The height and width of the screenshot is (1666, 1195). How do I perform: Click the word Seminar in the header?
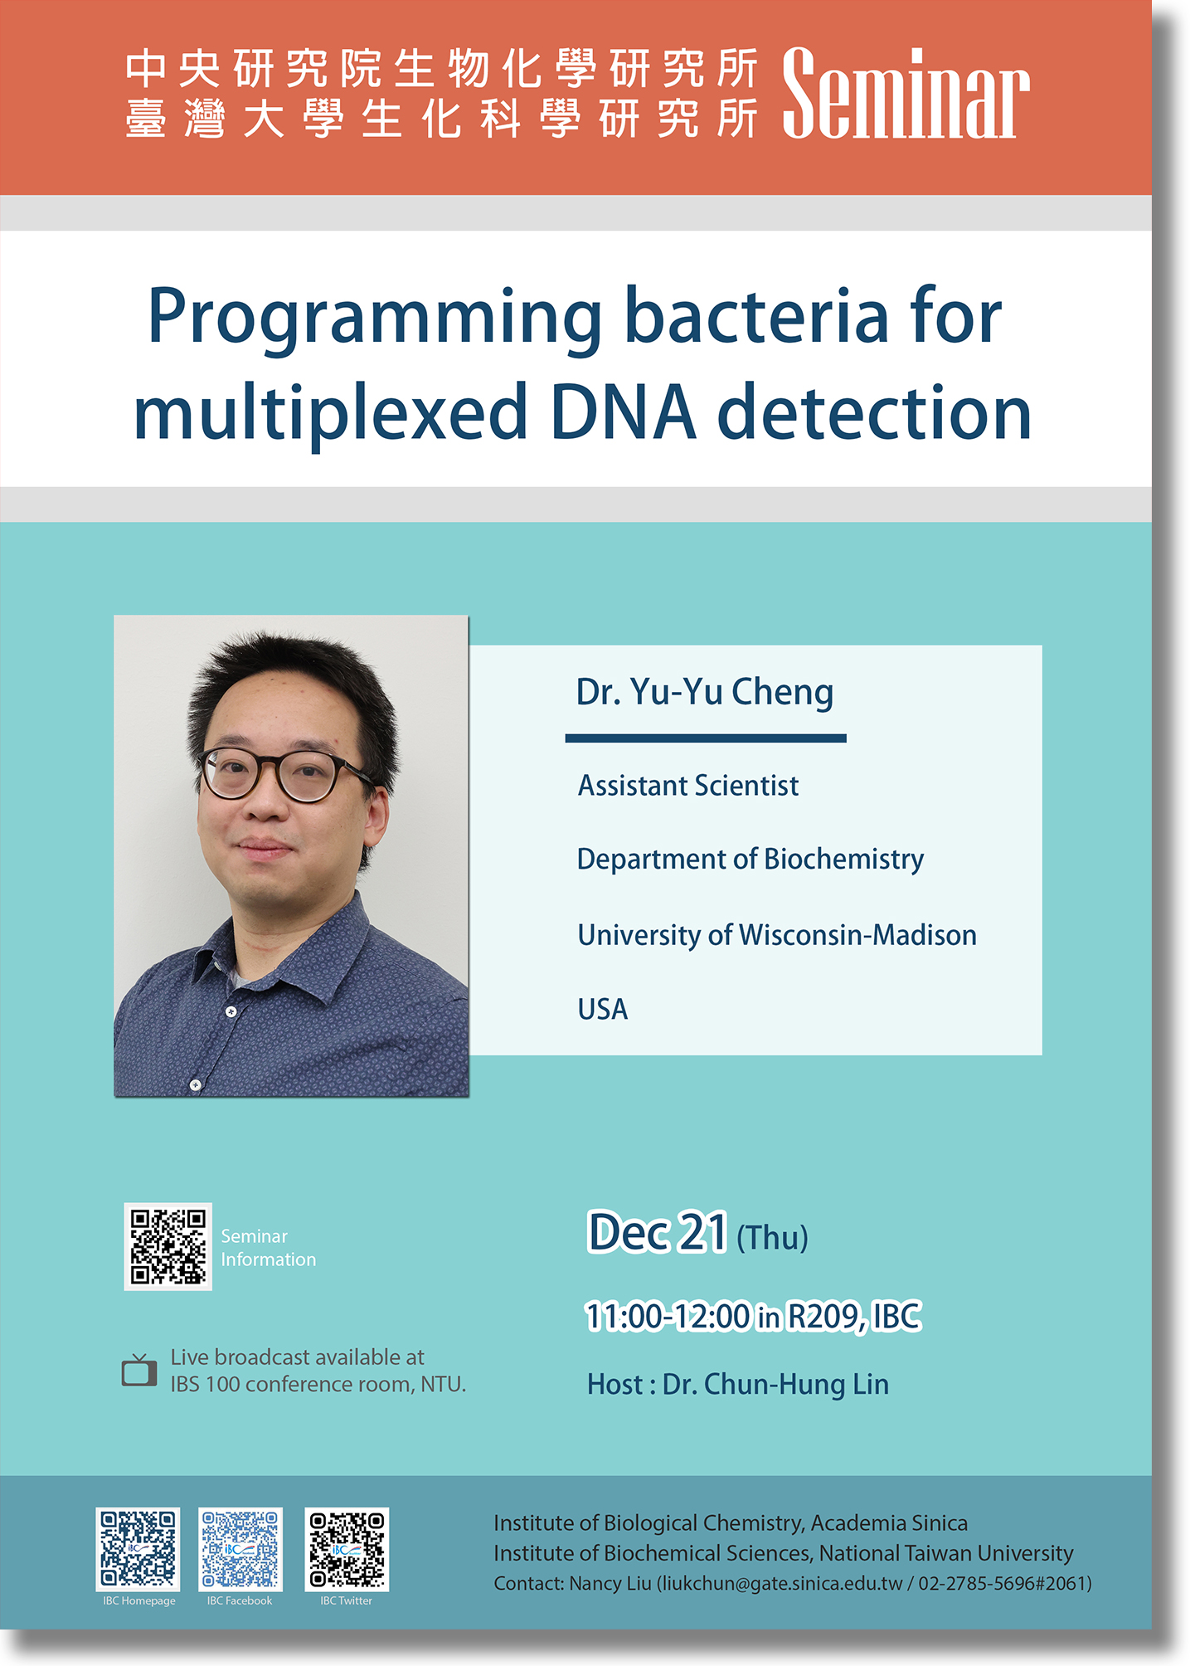pos(906,93)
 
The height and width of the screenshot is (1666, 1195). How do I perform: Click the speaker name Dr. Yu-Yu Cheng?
pos(705,692)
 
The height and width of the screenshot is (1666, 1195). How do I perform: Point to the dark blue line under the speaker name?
pos(706,738)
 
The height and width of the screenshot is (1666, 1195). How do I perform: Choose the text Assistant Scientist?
pos(688,786)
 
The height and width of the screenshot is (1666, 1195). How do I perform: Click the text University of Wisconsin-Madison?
pos(777,935)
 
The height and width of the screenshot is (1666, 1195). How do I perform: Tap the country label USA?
pos(603,1009)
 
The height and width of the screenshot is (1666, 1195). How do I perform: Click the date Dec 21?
pos(658,1232)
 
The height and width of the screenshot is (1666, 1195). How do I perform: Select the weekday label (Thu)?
pos(772,1238)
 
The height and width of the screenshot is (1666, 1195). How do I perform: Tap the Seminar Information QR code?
pos(168,1246)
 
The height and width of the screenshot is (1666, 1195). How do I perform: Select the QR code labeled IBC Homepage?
pos(138,1548)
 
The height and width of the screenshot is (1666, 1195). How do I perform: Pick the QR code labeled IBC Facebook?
pos(240,1548)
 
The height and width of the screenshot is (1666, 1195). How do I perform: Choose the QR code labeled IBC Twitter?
pos(347,1548)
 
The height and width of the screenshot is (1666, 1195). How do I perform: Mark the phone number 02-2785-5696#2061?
pos(1002,1583)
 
